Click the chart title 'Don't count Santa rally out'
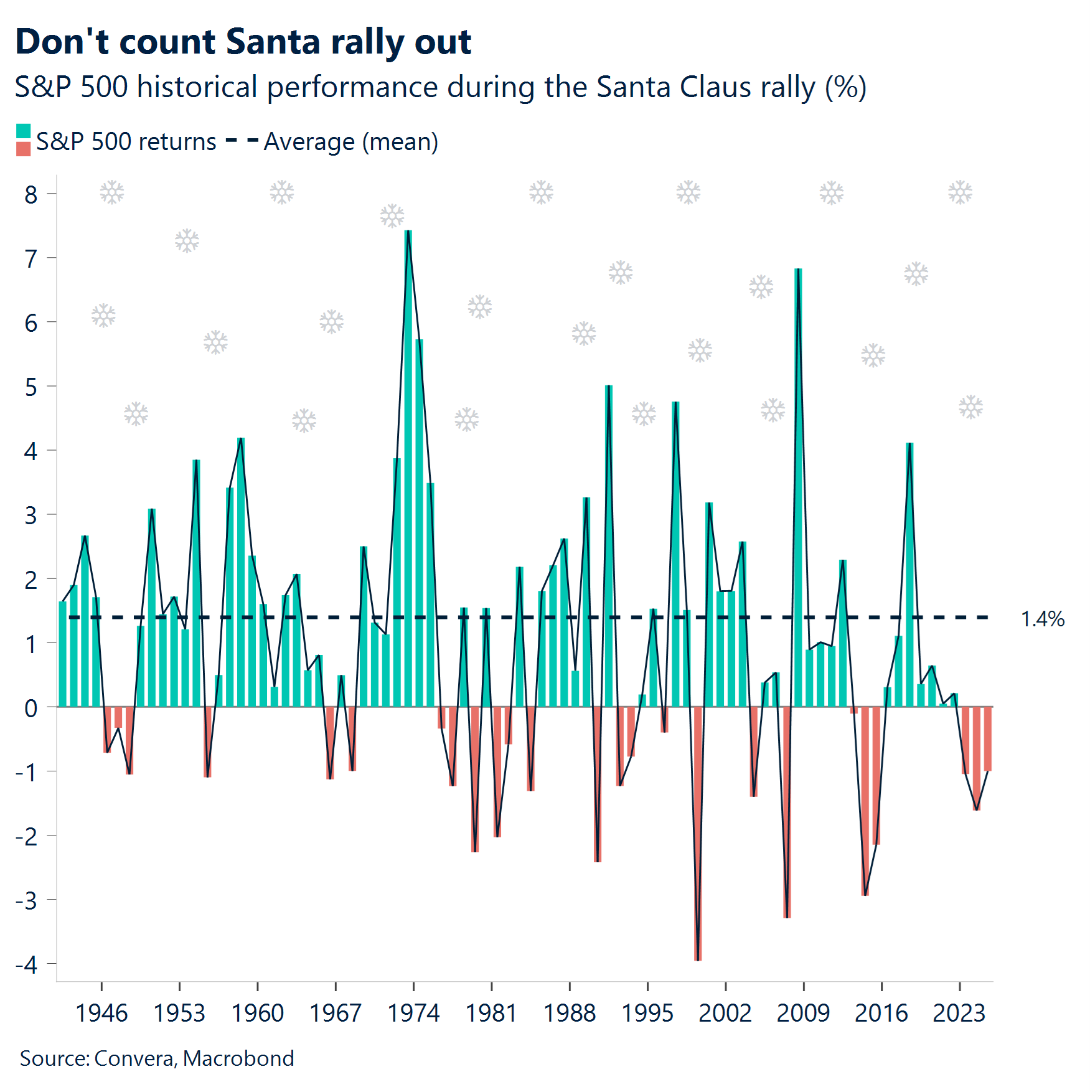click(243, 42)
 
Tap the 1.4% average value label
click(1042, 619)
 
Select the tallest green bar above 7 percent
click(408, 467)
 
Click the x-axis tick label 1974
click(413, 1013)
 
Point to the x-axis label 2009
click(803, 1013)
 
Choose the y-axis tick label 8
click(31, 195)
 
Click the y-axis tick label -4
click(27, 965)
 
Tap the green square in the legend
click(23, 131)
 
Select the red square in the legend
click(23, 149)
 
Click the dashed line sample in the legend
click(242, 141)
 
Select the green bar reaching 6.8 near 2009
click(798, 486)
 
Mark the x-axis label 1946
click(101, 1013)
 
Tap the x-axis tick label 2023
click(959, 1013)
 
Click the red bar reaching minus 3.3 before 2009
click(787, 812)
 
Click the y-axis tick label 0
click(31, 708)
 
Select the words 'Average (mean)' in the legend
click(351, 142)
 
